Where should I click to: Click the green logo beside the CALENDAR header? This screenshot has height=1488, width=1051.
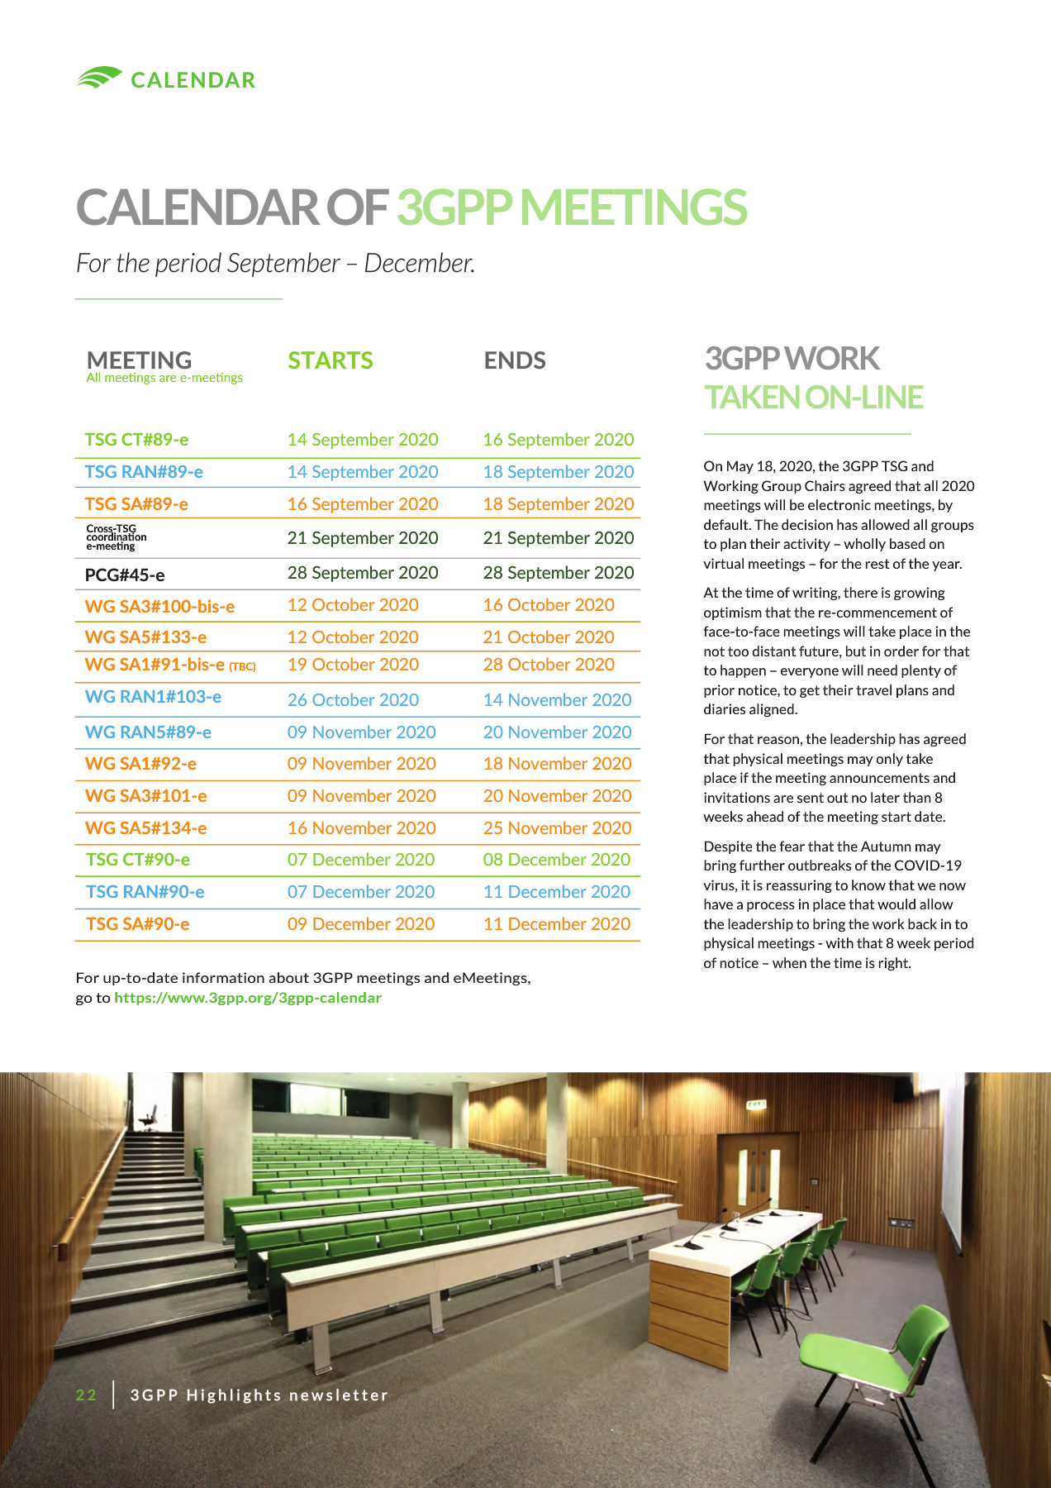99,78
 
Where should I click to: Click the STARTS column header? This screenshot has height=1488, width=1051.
331,360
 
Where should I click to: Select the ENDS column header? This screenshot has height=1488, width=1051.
515,360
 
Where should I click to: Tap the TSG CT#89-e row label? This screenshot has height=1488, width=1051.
137,440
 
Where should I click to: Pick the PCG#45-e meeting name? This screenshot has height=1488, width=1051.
125,575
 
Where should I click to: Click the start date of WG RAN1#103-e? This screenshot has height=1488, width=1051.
353,700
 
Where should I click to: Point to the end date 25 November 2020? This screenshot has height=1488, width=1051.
557,828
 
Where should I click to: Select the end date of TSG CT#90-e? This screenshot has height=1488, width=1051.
556,860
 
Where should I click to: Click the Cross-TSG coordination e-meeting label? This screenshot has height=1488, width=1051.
116,537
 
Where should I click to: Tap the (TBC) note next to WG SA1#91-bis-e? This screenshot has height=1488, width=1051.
242,667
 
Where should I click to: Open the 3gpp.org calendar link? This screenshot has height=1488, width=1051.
248,998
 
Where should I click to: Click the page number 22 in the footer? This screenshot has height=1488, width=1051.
86,1395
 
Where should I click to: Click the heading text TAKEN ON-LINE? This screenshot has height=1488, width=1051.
813,398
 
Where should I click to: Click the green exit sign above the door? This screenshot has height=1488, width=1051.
757,1104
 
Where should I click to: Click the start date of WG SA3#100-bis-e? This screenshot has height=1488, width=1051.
353,605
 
